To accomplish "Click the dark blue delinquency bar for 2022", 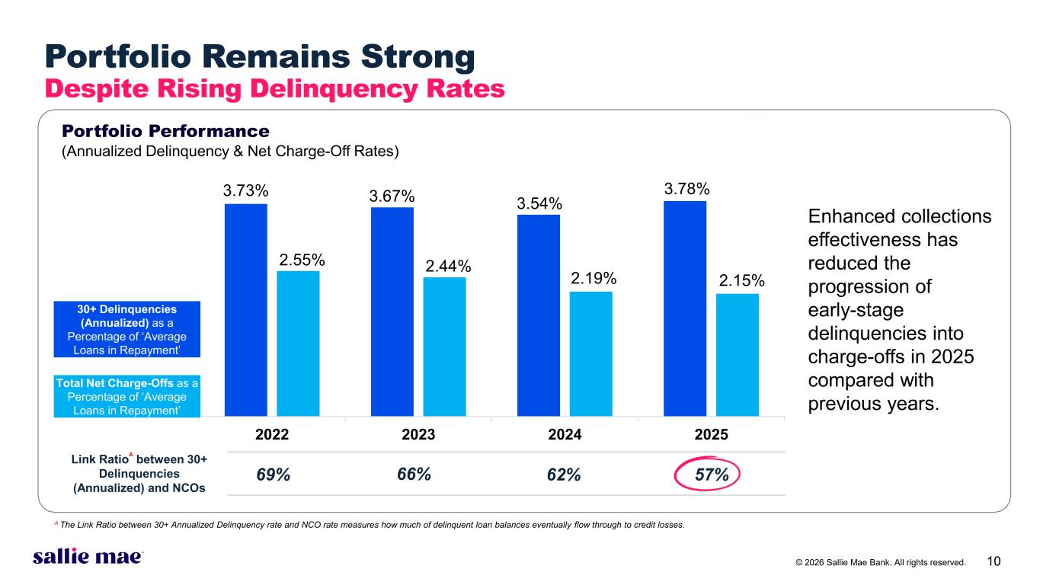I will point(246,310).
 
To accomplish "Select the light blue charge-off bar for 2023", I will point(444,347).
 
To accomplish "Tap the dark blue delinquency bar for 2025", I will point(685,308).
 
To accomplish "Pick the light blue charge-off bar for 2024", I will point(590,354).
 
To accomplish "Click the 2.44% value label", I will point(448,266).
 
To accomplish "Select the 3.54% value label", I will point(539,203).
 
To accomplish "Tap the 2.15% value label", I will point(741,282).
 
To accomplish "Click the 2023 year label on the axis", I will point(418,435).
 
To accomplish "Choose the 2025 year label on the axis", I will point(712,435).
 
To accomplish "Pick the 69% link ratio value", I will point(273,475).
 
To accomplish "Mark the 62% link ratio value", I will point(564,475).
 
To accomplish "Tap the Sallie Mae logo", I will point(88,557).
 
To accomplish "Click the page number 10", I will point(994,562).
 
